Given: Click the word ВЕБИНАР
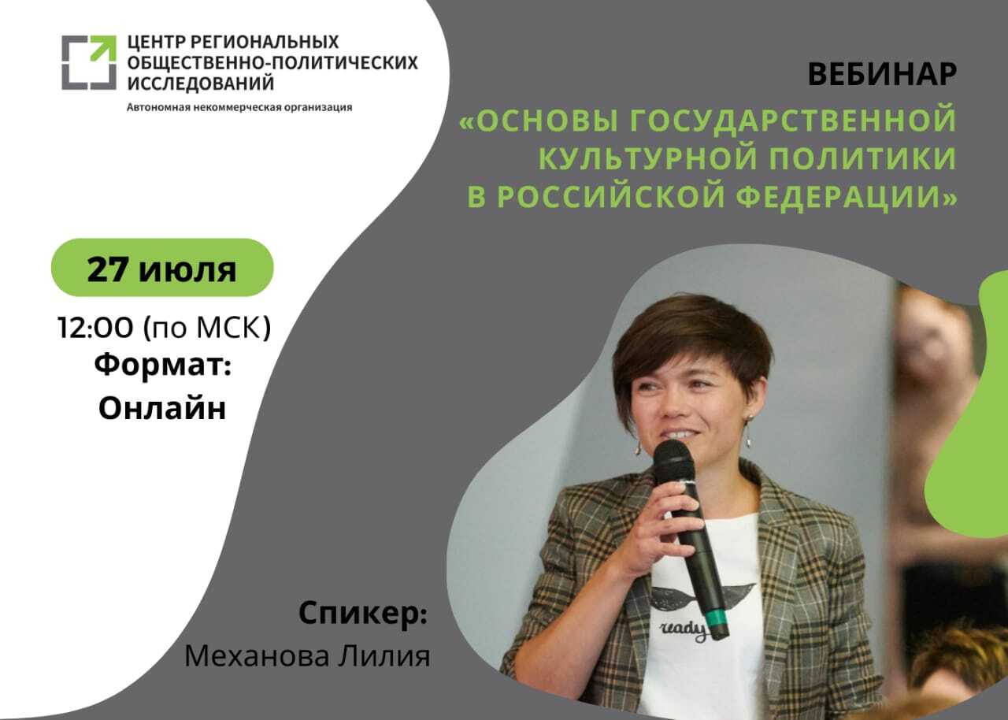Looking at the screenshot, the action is click(x=882, y=74).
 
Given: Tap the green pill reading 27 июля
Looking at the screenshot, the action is click(x=162, y=267).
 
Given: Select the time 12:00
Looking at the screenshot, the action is click(x=95, y=327).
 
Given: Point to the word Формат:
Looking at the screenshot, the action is click(x=163, y=365).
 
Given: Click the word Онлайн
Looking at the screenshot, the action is click(x=162, y=408).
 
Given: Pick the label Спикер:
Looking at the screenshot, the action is click(x=363, y=614).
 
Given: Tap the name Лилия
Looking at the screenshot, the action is click(x=384, y=657).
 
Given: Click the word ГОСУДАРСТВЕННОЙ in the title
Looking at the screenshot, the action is click(x=793, y=120).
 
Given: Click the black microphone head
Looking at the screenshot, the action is click(x=673, y=462).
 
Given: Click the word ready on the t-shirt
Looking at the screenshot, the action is click(x=683, y=630).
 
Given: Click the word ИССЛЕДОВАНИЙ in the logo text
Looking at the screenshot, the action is click(x=201, y=84).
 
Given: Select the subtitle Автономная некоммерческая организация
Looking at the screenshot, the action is click(x=239, y=108).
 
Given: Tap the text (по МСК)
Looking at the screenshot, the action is click(x=207, y=327).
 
